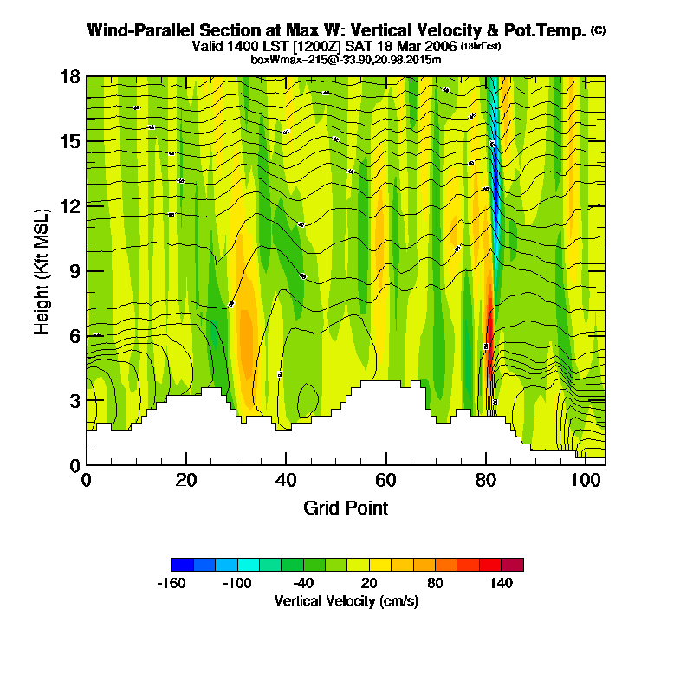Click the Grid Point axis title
click(346, 508)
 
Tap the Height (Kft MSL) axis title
click(42, 270)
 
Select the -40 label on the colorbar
click(304, 583)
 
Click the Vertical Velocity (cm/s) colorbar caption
click(346, 600)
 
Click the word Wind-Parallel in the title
click(139, 30)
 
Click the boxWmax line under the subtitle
click(346, 59)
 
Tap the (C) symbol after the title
click(598, 29)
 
